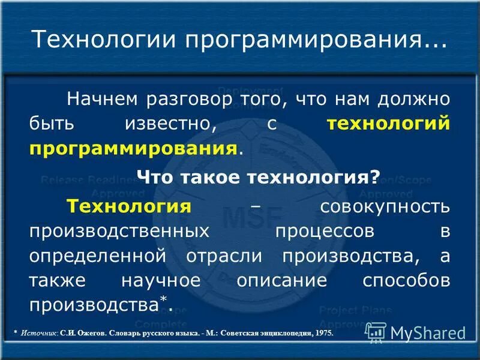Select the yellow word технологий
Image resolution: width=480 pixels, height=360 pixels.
tap(388, 123)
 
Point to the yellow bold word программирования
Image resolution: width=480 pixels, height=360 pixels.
tap(132, 148)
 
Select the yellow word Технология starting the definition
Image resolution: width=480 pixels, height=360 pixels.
tap(129, 206)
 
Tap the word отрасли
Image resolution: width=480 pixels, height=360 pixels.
tap(223, 256)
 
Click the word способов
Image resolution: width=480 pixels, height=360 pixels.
tap(398, 281)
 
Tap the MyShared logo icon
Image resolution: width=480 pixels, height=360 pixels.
tap(376, 332)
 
